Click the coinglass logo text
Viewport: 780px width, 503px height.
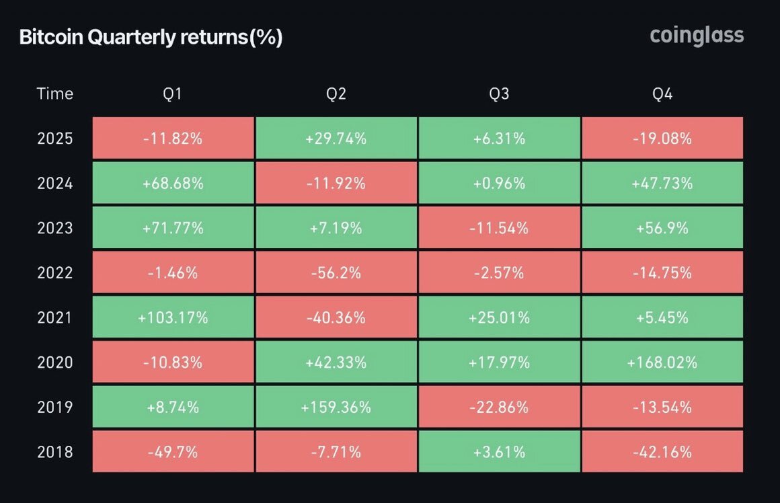coord(697,35)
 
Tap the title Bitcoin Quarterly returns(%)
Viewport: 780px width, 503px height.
coord(151,38)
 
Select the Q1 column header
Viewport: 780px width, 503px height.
coord(173,93)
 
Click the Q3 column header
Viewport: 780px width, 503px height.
coord(499,93)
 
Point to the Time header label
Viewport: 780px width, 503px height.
coord(55,93)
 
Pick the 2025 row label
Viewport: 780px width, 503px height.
coord(55,139)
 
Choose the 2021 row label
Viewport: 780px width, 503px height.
coord(55,317)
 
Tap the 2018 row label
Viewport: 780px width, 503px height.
coord(55,451)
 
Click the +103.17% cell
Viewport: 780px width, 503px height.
coord(173,317)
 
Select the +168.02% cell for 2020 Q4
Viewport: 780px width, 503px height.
coord(662,362)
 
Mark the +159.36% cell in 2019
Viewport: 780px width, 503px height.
coord(336,407)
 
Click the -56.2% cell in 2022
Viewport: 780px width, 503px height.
coord(336,273)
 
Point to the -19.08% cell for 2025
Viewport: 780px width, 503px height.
coord(662,139)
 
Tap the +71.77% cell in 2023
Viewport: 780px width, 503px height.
coord(173,228)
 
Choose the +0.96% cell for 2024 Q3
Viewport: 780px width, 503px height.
coord(499,183)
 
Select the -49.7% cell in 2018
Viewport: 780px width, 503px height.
coord(173,451)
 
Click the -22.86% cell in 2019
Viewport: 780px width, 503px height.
coord(499,407)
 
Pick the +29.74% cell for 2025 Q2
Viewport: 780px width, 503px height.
coord(336,139)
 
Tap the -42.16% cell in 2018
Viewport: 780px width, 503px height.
coord(662,451)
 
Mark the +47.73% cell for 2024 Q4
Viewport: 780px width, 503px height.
coord(662,183)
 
